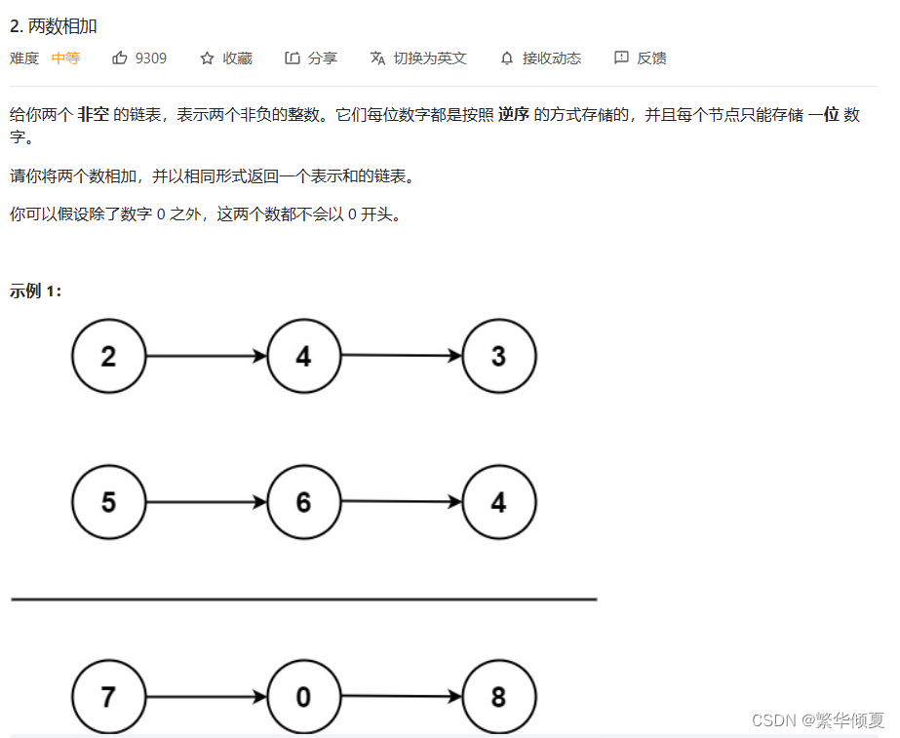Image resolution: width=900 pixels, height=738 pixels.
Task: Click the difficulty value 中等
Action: pyautogui.click(x=65, y=58)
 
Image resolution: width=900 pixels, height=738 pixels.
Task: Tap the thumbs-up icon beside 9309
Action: pyautogui.click(x=120, y=58)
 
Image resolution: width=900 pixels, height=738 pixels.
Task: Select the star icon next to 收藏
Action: pyautogui.click(x=207, y=58)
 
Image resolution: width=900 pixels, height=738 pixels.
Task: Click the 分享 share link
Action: pyautogui.click(x=311, y=58)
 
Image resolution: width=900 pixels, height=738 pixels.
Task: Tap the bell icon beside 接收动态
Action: pyautogui.click(x=506, y=58)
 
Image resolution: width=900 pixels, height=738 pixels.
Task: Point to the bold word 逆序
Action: pyautogui.click(x=513, y=114)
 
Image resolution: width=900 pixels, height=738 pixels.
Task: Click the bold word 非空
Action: pyautogui.click(x=94, y=114)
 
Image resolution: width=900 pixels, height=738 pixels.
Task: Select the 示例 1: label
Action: pyautogui.click(x=36, y=291)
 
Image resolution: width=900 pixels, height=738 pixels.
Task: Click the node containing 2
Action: pyautogui.click(x=108, y=356)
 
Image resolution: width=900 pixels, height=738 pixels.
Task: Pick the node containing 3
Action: pyautogui.click(x=498, y=356)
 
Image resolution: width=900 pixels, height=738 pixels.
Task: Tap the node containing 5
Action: pyautogui.click(x=108, y=502)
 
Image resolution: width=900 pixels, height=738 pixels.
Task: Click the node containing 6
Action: pyautogui.click(x=303, y=502)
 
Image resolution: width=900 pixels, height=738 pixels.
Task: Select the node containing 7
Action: pyautogui.click(x=108, y=697)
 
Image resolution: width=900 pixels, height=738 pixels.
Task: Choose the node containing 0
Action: pyautogui.click(x=303, y=697)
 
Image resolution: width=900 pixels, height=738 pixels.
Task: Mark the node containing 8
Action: pyautogui.click(x=498, y=697)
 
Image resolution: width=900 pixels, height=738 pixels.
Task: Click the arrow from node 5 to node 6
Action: pyautogui.click(x=206, y=502)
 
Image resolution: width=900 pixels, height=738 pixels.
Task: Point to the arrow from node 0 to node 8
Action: pyautogui.click(x=401, y=697)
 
